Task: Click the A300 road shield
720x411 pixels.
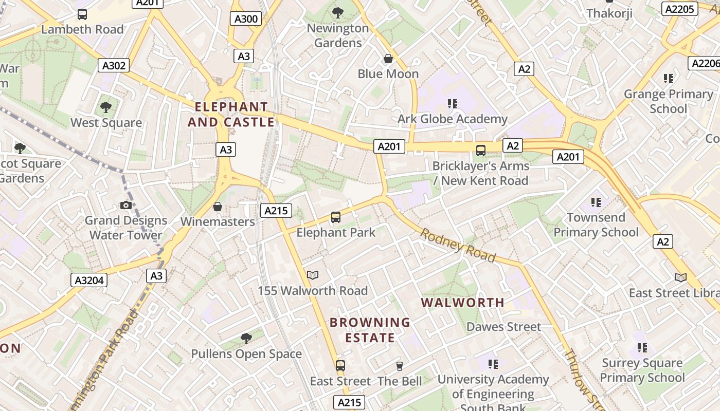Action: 246,19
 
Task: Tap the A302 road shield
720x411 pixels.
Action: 114,65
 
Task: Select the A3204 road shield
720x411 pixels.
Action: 89,280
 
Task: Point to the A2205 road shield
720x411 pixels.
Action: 679,9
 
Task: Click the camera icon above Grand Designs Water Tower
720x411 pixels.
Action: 125,205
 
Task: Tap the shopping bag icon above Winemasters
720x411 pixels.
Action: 218,207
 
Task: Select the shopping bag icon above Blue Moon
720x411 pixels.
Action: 388,59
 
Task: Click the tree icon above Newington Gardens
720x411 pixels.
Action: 338,13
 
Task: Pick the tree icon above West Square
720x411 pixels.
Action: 106,107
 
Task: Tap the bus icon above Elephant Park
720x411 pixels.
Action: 336,217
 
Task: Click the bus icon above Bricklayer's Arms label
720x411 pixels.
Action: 481,151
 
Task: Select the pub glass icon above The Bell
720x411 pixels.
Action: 399,366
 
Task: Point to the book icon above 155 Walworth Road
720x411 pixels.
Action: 313,275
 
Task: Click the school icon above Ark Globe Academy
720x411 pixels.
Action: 453,104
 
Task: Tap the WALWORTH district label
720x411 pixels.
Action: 463,303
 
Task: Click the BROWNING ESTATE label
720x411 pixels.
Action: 370,330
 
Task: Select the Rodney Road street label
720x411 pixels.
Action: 458,245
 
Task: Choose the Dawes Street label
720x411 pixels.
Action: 503,327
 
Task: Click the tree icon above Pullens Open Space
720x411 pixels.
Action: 246,338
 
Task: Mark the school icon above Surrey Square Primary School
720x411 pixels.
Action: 642,348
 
